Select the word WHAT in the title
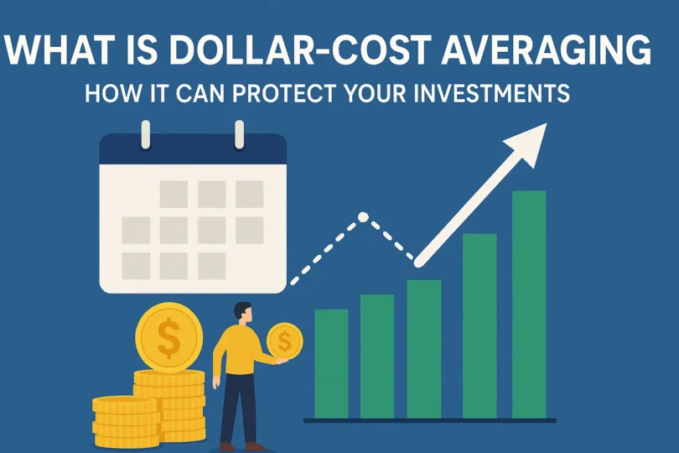pyautogui.click(x=63, y=50)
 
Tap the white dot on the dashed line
pyautogui.click(x=363, y=217)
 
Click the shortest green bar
pyautogui.click(x=331, y=362)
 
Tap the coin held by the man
pyautogui.click(x=284, y=341)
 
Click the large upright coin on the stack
pyautogui.click(x=168, y=338)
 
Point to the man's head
pyautogui.click(x=241, y=312)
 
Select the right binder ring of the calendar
pyautogui.click(x=239, y=133)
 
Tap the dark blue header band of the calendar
pyautogui.click(x=193, y=150)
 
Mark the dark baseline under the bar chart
pyautogui.click(x=429, y=419)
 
